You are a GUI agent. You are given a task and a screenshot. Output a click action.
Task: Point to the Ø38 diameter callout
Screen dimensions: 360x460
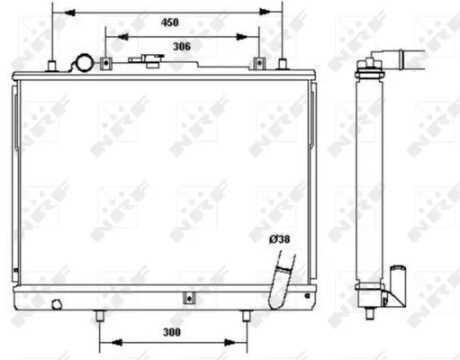280,238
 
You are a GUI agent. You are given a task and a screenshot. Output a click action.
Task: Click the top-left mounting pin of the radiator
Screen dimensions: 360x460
53,64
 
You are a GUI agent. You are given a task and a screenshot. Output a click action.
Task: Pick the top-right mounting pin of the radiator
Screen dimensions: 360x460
283,64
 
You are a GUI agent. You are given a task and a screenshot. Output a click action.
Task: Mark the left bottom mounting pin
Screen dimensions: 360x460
98,317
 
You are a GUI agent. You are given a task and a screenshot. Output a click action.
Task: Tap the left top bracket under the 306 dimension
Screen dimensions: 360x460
105,63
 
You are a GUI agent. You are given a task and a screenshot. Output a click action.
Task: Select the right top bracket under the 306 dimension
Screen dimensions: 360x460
260,63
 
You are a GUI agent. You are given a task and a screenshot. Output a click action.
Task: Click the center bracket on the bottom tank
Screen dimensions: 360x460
186,299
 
